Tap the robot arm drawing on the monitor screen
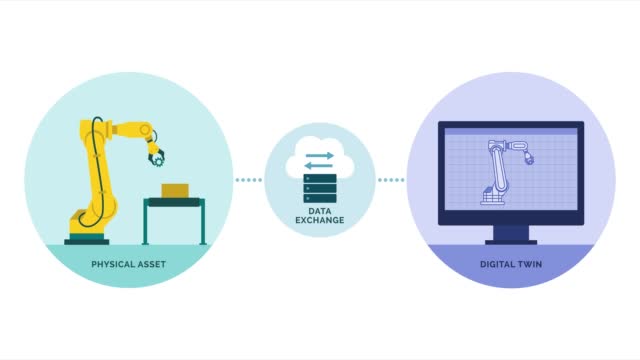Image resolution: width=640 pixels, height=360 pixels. click(500, 170)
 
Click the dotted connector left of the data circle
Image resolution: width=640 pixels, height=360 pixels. click(248, 181)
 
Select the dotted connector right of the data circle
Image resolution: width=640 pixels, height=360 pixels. click(391, 181)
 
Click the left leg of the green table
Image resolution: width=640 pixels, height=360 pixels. click(147, 222)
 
